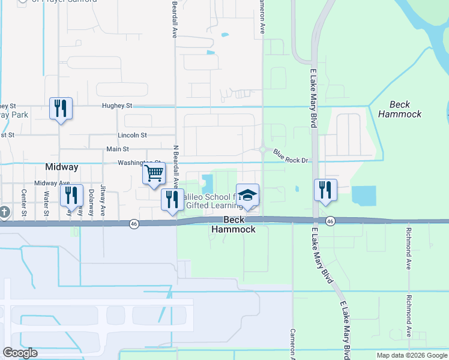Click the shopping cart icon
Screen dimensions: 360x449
click(x=154, y=173)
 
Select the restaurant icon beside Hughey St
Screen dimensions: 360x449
click(x=61, y=108)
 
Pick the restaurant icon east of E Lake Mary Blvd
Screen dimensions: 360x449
click(x=325, y=190)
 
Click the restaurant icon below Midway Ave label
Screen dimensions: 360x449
click(x=71, y=196)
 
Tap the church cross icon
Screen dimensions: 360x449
click(x=4, y=212)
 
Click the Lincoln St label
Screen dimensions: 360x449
click(x=132, y=136)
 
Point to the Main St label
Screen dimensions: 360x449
click(x=118, y=149)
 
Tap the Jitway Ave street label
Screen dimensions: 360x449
click(x=103, y=200)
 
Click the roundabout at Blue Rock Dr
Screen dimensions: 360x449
click(x=263, y=149)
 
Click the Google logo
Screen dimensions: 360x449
click(x=20, y=353)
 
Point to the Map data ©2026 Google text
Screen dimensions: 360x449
click(x=411, y=355)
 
